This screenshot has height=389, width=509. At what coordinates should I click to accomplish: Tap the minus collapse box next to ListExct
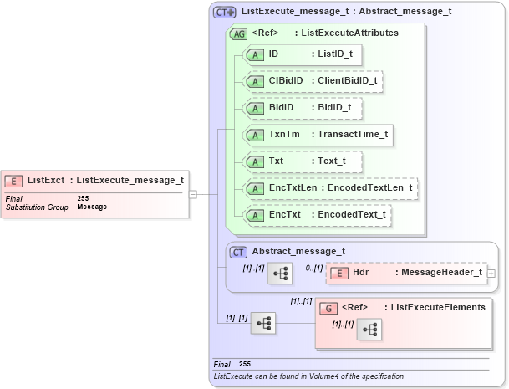point(193,194)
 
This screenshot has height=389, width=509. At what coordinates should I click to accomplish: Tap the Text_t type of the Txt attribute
point(329,161)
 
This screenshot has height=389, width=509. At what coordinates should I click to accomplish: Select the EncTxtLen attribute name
point(292,188)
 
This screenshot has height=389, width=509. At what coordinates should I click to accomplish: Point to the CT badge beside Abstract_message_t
point(238,251)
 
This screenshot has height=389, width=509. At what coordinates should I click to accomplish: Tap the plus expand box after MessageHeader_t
point(491,274)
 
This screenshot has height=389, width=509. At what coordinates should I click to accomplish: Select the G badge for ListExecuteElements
point(329,307)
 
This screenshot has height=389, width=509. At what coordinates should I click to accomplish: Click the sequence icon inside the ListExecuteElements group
point(369,330)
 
